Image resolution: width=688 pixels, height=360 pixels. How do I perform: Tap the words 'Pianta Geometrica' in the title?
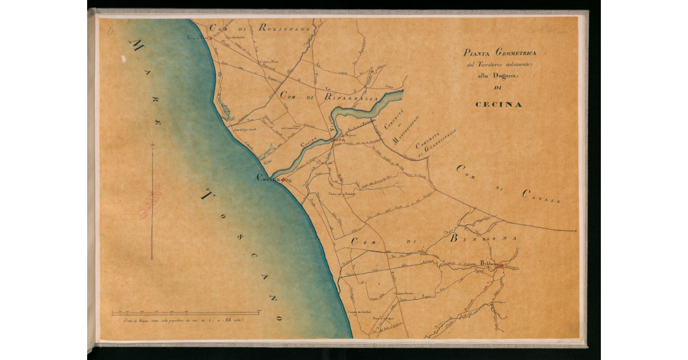click(500, 53)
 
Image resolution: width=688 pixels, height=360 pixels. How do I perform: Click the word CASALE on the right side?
click(541, 196)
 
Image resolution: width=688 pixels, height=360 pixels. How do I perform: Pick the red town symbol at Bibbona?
click(500, 266)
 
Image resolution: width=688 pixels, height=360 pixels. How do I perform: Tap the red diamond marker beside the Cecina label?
click(282, 180)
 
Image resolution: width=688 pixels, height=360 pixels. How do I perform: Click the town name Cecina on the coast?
click(268, 179)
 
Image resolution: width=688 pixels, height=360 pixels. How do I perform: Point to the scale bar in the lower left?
click(185, 313)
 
